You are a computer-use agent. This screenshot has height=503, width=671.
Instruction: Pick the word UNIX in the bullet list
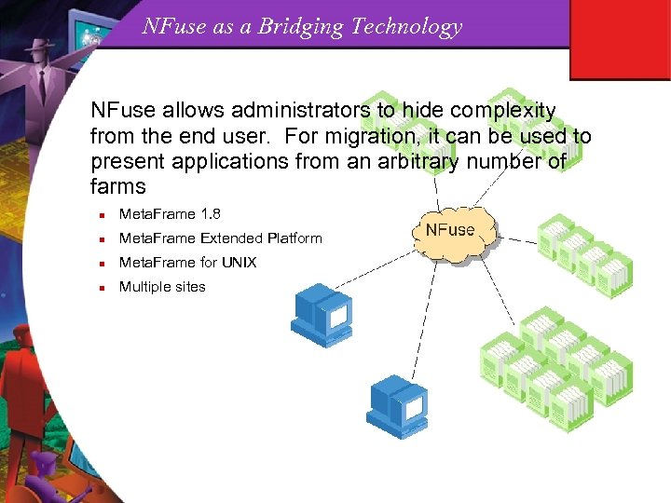pos(239,263)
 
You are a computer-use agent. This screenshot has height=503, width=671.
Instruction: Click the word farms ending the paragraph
pos(118,186)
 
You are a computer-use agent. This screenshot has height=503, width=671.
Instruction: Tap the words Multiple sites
pos(162,287)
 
